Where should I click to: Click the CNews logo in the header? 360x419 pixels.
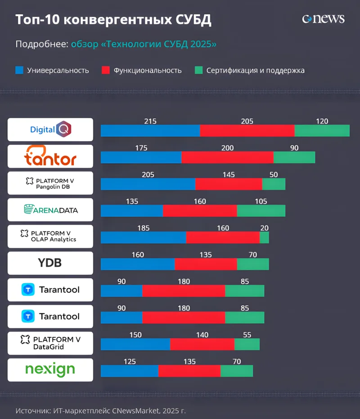(x=323, y=19)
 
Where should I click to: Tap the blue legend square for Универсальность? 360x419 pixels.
(x=19, y=70)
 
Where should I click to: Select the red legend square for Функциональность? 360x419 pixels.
(x=106, y=70)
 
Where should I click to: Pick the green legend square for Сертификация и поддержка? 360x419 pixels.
(x=198, y=70)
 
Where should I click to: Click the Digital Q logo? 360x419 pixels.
(x=50, y=130)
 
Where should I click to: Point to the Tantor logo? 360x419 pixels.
(x=50, y=156)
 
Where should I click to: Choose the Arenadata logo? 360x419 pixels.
(x=50, y=209)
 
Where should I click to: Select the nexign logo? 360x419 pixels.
(x=50, y=370)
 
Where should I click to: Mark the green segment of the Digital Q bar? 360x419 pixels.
(x=322, y=130)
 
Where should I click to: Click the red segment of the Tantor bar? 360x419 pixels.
(x=227, y=157)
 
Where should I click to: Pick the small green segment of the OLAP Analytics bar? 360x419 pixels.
(x=264, y=237)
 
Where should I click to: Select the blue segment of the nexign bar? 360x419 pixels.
(x=130, y=371)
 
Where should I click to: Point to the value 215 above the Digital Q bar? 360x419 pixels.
(x=150, y=121)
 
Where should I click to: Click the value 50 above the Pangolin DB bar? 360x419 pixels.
(x=274, y=175)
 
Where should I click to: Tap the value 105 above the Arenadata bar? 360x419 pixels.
(x=261, y=201)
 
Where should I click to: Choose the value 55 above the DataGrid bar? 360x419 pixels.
(x=247, y=335)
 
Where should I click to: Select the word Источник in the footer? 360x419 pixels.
(x=32, y=410)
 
